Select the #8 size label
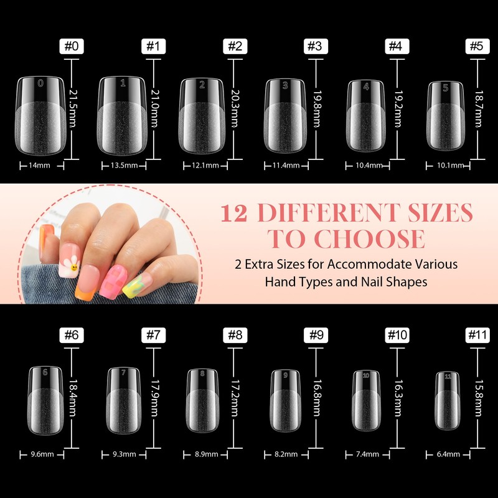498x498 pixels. (x=234, y=335)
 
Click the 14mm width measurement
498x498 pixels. (x=39, y=166)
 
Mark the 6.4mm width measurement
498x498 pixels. (x=449, y=454)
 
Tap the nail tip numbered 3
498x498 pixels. (x=284, y=115)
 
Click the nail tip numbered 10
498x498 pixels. (x=365, y=398)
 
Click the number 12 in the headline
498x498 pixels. (x=235, y=214)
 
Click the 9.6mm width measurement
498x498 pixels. (x=39, y=454)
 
